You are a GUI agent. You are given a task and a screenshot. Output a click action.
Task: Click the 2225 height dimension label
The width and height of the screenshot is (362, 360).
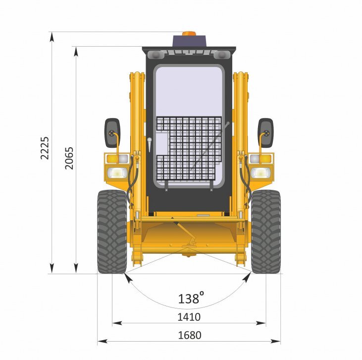coord(45,148)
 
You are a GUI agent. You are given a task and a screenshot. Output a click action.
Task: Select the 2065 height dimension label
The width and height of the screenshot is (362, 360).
coord(69,158)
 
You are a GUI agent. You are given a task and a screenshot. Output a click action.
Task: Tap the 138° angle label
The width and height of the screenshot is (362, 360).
coord(191,298)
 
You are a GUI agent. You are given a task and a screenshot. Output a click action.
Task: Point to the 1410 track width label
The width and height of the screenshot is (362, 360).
coord(189,317)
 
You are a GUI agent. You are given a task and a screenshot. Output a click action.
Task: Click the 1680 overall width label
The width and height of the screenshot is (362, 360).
coord(190,335)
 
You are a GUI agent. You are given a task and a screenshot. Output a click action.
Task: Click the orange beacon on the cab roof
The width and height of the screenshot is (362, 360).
coord(189,34)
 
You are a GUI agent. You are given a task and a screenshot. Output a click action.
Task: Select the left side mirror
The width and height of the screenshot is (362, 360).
coord(112,133)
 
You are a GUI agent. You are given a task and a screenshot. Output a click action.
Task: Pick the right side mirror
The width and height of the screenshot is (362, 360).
coord(265,133)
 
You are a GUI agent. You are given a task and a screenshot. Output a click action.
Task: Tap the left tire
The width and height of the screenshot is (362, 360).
coord(112,232)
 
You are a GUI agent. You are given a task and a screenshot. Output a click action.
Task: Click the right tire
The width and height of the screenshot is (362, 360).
coord(266,232)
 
